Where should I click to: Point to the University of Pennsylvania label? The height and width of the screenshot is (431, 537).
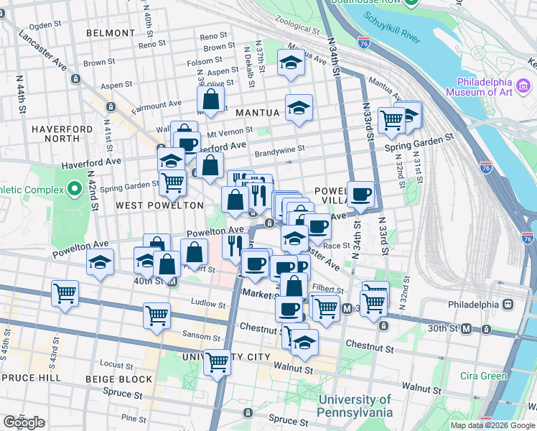[355, 406]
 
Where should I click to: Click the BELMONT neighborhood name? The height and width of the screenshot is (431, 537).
[111, 33]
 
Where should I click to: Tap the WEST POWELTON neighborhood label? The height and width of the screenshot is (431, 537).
[150, 205]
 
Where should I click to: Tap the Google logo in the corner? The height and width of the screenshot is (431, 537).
[24, 422]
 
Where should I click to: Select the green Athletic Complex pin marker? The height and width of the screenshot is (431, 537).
[74, 190]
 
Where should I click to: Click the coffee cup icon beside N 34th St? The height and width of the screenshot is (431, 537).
[360, 193]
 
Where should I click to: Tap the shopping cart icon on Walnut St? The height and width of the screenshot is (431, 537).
[217, 362]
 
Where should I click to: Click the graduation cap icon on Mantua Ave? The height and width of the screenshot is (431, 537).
[291, 63]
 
